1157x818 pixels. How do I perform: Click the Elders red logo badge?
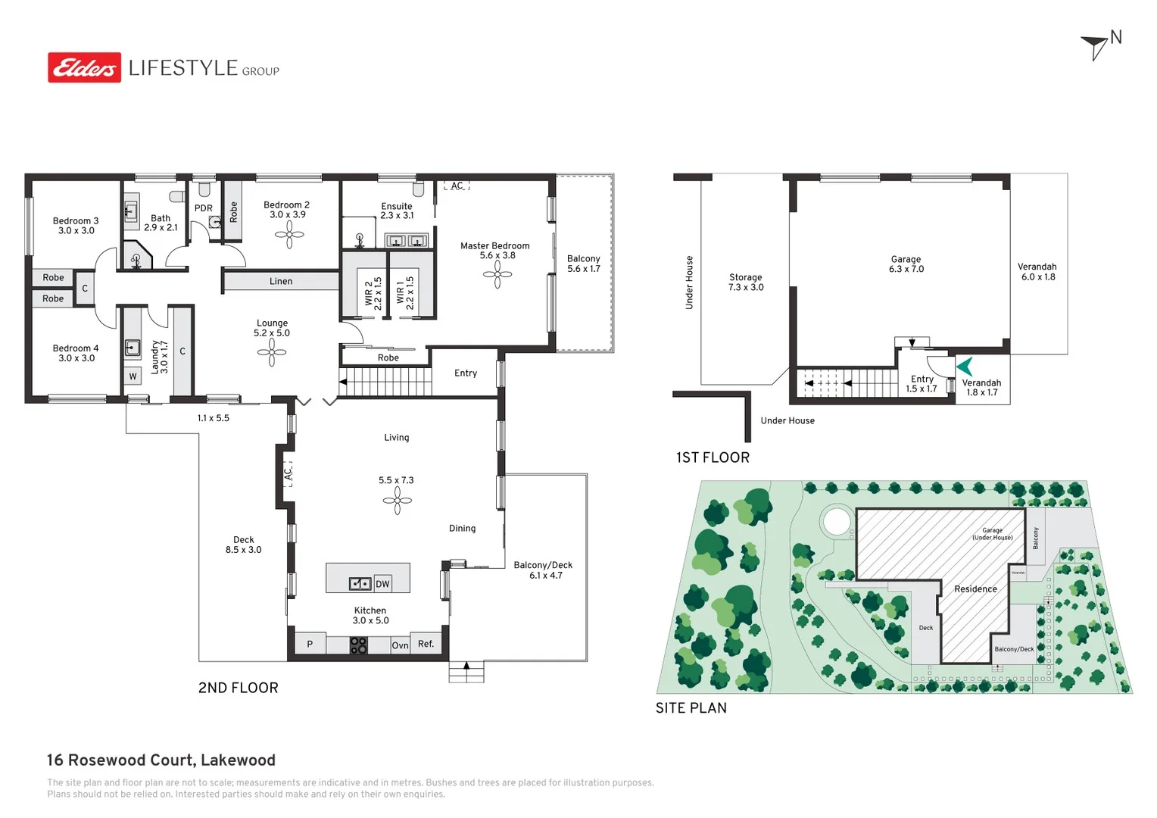coord(84,67)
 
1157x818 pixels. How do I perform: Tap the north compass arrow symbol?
coord(1096,46)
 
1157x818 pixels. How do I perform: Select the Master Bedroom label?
coord(494,251)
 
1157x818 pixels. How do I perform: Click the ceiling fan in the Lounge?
coord(272,352)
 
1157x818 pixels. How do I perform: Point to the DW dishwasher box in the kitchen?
coord(382,584)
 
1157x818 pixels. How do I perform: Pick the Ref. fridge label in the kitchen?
coord(426,644)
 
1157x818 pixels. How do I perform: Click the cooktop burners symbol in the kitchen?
coord(358,645)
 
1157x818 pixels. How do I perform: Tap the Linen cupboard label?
coord(281,281)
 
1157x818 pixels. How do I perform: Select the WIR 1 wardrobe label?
coord(405,292)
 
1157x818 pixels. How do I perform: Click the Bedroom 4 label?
coord(76,353)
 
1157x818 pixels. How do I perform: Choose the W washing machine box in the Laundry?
coord(133,376)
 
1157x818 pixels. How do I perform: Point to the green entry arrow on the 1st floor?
coord(965,367)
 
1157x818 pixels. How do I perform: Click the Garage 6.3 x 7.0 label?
coord(906,264)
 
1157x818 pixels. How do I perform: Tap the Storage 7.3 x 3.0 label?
coord(746,283)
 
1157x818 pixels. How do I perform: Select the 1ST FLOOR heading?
coord(713,457)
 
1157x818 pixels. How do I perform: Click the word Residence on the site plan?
coord(975,589)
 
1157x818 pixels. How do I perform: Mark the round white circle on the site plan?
coord(836,521)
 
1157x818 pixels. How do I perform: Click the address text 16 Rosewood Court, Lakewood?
coord(161,760)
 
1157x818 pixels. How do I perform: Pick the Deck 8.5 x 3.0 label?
coord(243,545)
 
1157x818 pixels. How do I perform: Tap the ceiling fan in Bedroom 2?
coord(289,234)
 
